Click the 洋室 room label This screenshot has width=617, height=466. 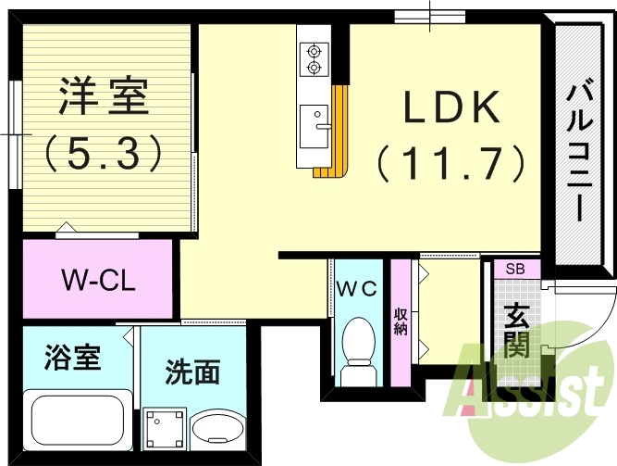point(104,97)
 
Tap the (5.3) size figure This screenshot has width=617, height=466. point(104,151)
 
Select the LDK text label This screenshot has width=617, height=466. point(450,109)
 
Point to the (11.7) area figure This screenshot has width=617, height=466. point(450,165)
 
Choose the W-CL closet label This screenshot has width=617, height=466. point(98,281)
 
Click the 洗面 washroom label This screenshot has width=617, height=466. point(192,373)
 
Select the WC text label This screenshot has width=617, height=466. point(356,288)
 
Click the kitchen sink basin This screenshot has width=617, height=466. point(315,120)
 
